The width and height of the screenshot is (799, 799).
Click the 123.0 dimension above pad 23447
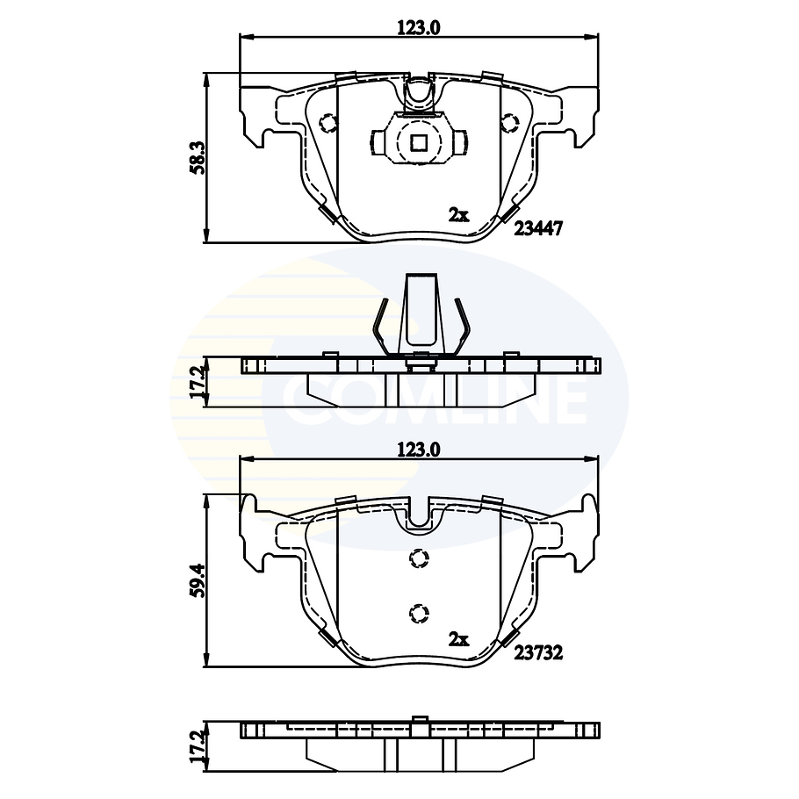click(418, 27)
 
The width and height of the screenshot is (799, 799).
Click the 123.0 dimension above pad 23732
click(418, 449)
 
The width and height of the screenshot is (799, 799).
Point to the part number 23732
click(537, 652)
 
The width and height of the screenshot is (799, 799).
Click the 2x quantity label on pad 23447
click(458, 214)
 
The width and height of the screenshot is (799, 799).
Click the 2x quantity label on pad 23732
click(458, 639)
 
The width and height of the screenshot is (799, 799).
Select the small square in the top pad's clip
click(419, 142)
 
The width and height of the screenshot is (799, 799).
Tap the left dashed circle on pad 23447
click(328, 123)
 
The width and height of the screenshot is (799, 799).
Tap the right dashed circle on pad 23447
click(508, 123)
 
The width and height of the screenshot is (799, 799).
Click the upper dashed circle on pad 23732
click(419, 558)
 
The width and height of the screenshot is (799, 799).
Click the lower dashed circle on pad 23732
click(419, 612)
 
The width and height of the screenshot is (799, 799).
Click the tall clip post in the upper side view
click(419, 312)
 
